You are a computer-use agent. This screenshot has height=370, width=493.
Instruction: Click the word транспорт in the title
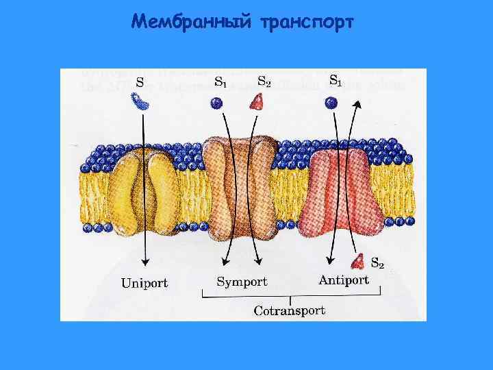[x=307, y=23]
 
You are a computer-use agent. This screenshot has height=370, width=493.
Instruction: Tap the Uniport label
[x=144, y=282]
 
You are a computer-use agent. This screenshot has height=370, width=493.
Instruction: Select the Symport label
[x=242, y=281]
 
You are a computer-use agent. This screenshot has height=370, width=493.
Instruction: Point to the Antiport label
[x=344, y=280]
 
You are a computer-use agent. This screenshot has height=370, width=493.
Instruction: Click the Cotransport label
[x=290, y=310]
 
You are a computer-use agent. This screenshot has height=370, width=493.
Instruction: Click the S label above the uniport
[x=139, y=82]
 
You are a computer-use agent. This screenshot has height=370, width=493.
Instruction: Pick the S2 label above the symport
[x=264, y=81]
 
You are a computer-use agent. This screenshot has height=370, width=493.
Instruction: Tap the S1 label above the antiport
[x=336, y=80]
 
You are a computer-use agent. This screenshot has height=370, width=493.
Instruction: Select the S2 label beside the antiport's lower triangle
[x=377, y=262]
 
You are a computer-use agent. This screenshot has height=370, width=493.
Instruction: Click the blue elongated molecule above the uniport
[x=142, y=103]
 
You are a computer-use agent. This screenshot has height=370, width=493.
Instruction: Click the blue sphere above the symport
[x=217, y=103]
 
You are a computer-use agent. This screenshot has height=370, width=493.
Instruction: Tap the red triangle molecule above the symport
[x=257, y=102]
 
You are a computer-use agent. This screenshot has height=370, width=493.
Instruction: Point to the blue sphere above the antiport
[x=331, y=103]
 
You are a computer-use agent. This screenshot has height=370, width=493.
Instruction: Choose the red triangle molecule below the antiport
[x=357, y=261]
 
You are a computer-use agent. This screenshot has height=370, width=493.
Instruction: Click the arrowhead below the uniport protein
[x=144, y=262]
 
